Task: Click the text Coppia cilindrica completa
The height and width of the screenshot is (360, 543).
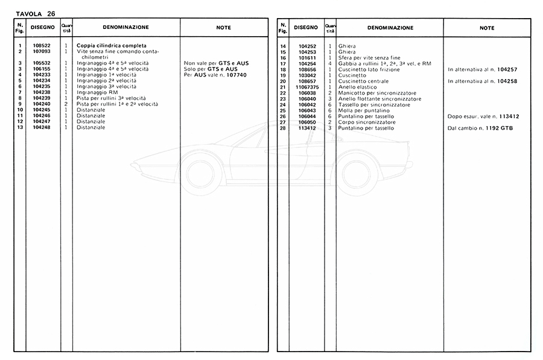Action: point(112,46)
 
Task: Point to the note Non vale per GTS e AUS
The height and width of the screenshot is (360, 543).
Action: point(216,63)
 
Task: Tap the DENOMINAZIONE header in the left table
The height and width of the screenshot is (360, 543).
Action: point(126,28)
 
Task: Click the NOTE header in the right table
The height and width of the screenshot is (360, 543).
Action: point(486,28)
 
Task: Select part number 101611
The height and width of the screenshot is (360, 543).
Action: point(307,58)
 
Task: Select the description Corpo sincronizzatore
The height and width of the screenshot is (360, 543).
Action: point(367,122)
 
